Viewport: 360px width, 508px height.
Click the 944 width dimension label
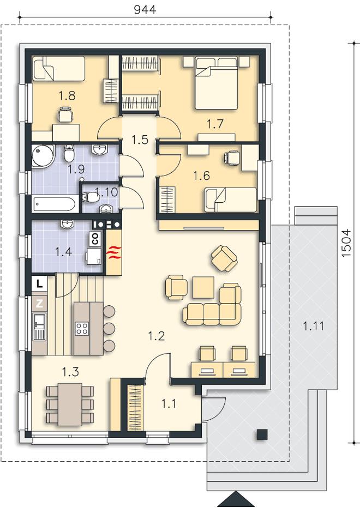coord(145,9)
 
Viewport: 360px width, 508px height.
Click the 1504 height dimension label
coord(346,243)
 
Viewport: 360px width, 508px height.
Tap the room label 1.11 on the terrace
coord(314,325)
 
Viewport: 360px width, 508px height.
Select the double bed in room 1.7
coord(217,83)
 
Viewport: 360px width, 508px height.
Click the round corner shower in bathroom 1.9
coord(43,156)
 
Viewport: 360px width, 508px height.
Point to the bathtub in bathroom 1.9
coord(55,204)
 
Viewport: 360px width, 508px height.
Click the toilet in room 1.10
coord(91,197)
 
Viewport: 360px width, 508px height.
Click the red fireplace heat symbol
coord(115,252)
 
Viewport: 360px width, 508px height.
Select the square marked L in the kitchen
coord(39,284)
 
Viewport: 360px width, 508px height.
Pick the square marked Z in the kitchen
coord(39,304)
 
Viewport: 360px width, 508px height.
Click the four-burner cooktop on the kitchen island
coord(81,328)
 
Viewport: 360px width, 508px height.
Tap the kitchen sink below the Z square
coord(39,326)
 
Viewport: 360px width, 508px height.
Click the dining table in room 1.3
coord(70,404)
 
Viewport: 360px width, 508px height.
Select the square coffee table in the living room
coord(203,287)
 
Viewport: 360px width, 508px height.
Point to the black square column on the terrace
coord(262,434)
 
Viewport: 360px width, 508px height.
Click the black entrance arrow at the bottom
coord(234,500)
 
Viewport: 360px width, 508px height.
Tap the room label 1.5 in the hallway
coord(140,140)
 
